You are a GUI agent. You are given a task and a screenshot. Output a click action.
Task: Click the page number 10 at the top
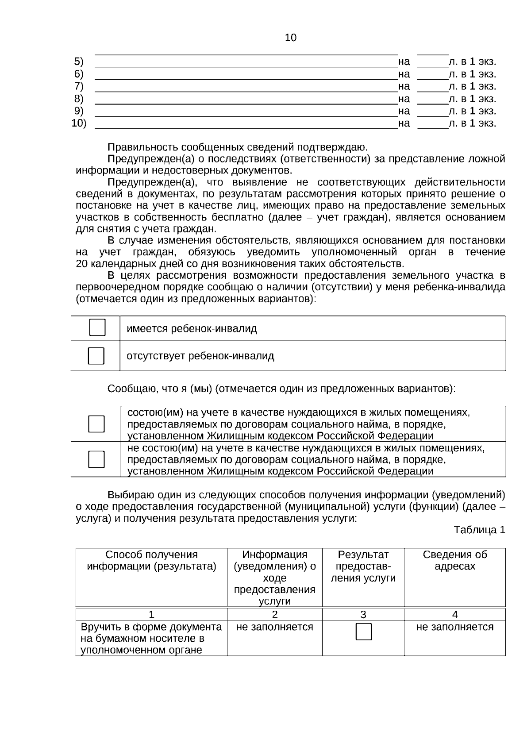(x=291, y=38)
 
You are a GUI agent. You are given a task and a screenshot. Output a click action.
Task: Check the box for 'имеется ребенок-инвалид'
(x=97, y=327)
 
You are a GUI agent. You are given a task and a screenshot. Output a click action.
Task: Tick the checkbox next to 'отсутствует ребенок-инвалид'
(x=96, y=356)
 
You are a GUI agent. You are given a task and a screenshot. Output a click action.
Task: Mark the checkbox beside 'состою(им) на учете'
(x=96, y=424)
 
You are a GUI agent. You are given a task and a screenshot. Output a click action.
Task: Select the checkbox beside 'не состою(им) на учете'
(x=96, y=459)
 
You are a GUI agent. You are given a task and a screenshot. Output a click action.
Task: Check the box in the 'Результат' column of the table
(x=364, y=632)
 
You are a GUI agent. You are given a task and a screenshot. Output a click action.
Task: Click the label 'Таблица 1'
(x=479, y=530)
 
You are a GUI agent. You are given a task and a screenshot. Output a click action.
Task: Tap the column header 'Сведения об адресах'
(x=454, y=561)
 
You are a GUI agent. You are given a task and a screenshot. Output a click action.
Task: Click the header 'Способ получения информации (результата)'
(x=151, y=561)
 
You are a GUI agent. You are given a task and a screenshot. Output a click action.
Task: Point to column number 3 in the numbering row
(x=363, y=614)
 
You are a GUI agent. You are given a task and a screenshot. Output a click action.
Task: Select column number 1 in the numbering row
(x=151, y=614)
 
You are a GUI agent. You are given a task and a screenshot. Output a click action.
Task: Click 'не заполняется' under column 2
(x=274, y=627)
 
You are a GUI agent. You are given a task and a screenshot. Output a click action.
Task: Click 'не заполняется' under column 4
(x=454, y=627)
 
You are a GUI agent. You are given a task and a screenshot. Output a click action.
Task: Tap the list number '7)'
(x=79, y=86)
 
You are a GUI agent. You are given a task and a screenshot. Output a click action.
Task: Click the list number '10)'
(x=79, y=123)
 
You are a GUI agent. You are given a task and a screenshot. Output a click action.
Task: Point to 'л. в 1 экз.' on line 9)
(x=472, y=111)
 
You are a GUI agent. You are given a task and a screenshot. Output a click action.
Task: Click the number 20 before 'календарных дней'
(x=82, y=264)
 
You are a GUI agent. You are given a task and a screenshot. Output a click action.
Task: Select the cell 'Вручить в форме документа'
(x=151, y=627)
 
